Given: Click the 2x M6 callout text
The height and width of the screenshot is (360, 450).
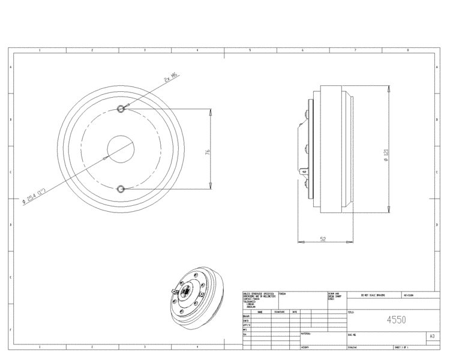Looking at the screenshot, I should (x=170, y=77).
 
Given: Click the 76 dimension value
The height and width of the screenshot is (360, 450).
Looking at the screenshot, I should (x=208, y=152).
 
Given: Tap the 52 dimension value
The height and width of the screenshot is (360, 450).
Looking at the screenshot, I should (x=323, y=239).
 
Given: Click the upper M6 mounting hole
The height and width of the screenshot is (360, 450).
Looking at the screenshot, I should (x=121, y=109).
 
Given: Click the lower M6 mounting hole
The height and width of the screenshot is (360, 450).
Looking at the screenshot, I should (x=121, y=189).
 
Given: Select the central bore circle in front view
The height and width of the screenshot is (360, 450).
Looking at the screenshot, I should (x=121, y=149).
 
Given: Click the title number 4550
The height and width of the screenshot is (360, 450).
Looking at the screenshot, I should (x=396, y=320).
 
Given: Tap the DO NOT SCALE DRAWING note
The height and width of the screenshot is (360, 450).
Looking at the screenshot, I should (x=372, y=295).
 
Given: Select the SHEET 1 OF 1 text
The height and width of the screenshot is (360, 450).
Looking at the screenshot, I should (x=401, y=347).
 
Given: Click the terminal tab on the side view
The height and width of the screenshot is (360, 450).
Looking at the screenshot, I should (x=304, y=172).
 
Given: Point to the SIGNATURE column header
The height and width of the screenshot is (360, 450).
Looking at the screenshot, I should (x=279, y=312).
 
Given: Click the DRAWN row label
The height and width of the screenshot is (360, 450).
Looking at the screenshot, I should (x=246, y=316).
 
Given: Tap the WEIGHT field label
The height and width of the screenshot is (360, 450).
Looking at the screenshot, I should (x=305, y=347).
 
